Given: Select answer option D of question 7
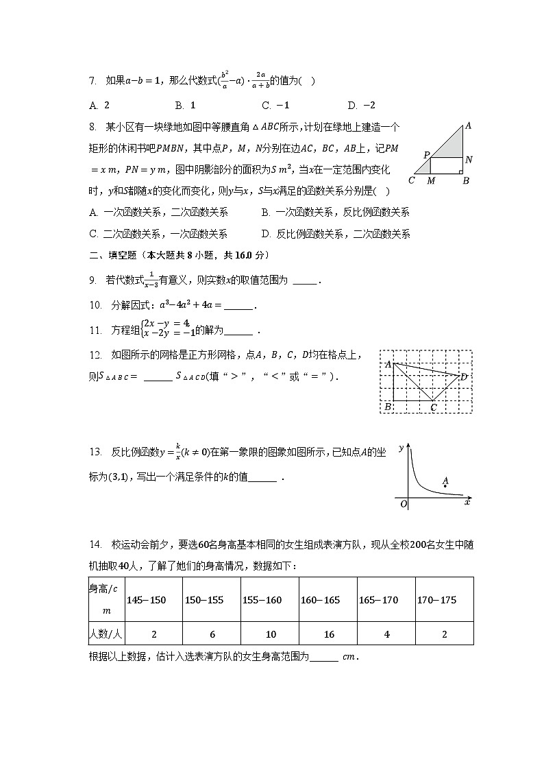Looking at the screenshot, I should [x=361, y=105].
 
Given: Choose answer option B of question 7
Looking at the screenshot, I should [x=185, y=105].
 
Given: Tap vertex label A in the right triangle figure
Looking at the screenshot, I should [x=468, y=126].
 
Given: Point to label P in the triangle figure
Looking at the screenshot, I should [x=425, y=156].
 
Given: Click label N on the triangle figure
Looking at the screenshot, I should [x=468, y=160].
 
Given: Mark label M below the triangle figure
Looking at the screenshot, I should [x=430, y=181].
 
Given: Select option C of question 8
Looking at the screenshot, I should [x=158, y=234].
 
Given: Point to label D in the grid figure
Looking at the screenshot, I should [x=464, y=376].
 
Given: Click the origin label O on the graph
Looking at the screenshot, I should [x=404, y=504].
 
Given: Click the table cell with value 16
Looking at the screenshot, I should [x=327, y=634].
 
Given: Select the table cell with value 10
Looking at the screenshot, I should [x=269, y=634].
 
